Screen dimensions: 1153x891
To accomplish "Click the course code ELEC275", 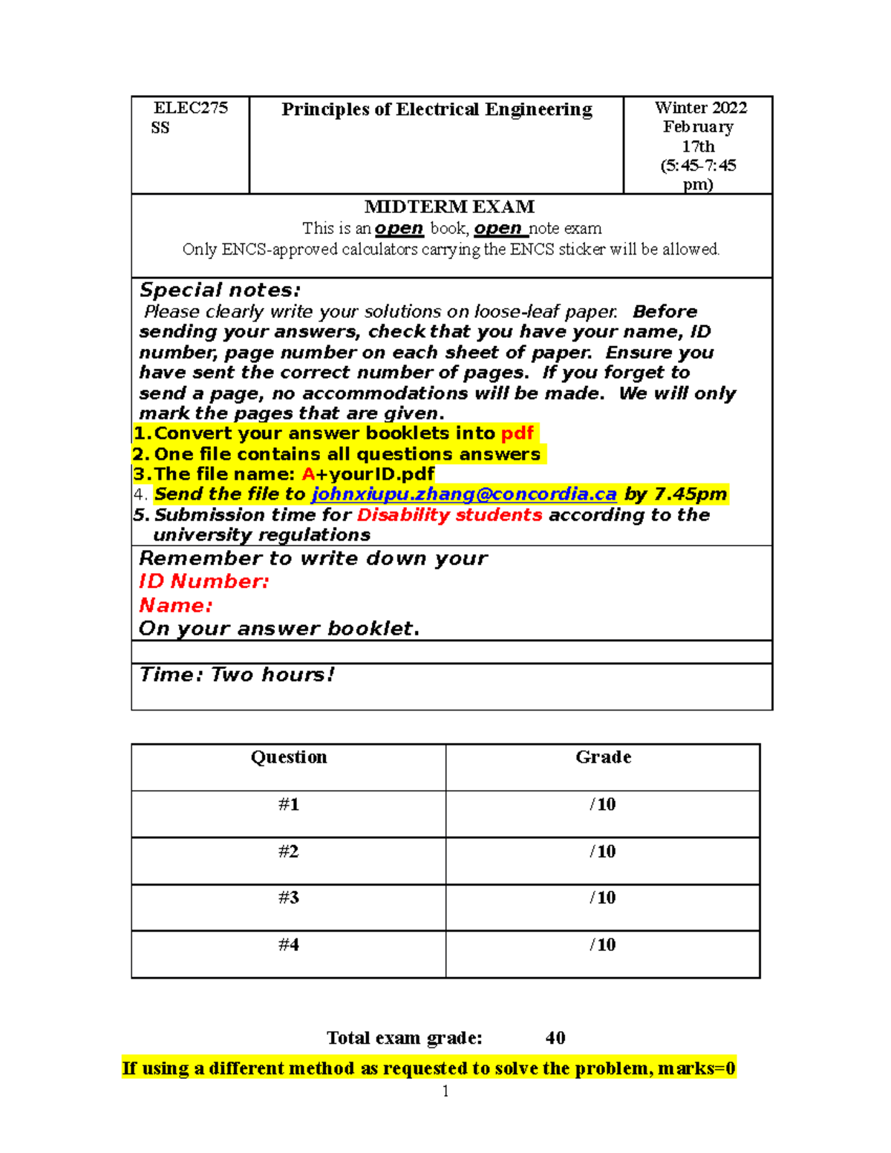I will pos(190,108).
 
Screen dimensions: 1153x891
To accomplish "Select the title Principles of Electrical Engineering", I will pos(437,110).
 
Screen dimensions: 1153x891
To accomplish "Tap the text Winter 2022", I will pos(700,108).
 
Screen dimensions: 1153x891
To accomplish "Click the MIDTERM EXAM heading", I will pos(449,207).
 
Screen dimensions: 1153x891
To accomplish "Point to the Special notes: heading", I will pos(220,290).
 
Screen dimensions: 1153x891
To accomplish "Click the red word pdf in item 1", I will pos(517,434).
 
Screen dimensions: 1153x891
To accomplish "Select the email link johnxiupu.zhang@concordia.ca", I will pos(463,494).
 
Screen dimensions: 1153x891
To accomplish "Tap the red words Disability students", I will pos(449,515).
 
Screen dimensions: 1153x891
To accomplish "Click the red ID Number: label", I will pos(203,581).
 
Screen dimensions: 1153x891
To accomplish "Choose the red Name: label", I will pos(175,606).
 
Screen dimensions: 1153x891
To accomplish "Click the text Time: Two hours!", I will pos(236,675).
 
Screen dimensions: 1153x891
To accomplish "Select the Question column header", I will pos(289,757).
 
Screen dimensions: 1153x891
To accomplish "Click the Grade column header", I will pos(603,757).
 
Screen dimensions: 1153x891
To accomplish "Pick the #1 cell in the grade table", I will pos(289,805).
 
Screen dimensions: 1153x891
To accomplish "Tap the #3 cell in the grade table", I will pos(289,898).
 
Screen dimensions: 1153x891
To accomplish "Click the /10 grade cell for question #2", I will pos(603,852).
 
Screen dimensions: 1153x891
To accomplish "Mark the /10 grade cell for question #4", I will pos(603,945).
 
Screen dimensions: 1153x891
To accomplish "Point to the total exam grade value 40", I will pos(555,1038).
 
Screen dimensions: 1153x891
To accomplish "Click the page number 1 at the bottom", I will pos(446,1091).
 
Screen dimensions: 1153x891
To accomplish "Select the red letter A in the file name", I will pos(309,474).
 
